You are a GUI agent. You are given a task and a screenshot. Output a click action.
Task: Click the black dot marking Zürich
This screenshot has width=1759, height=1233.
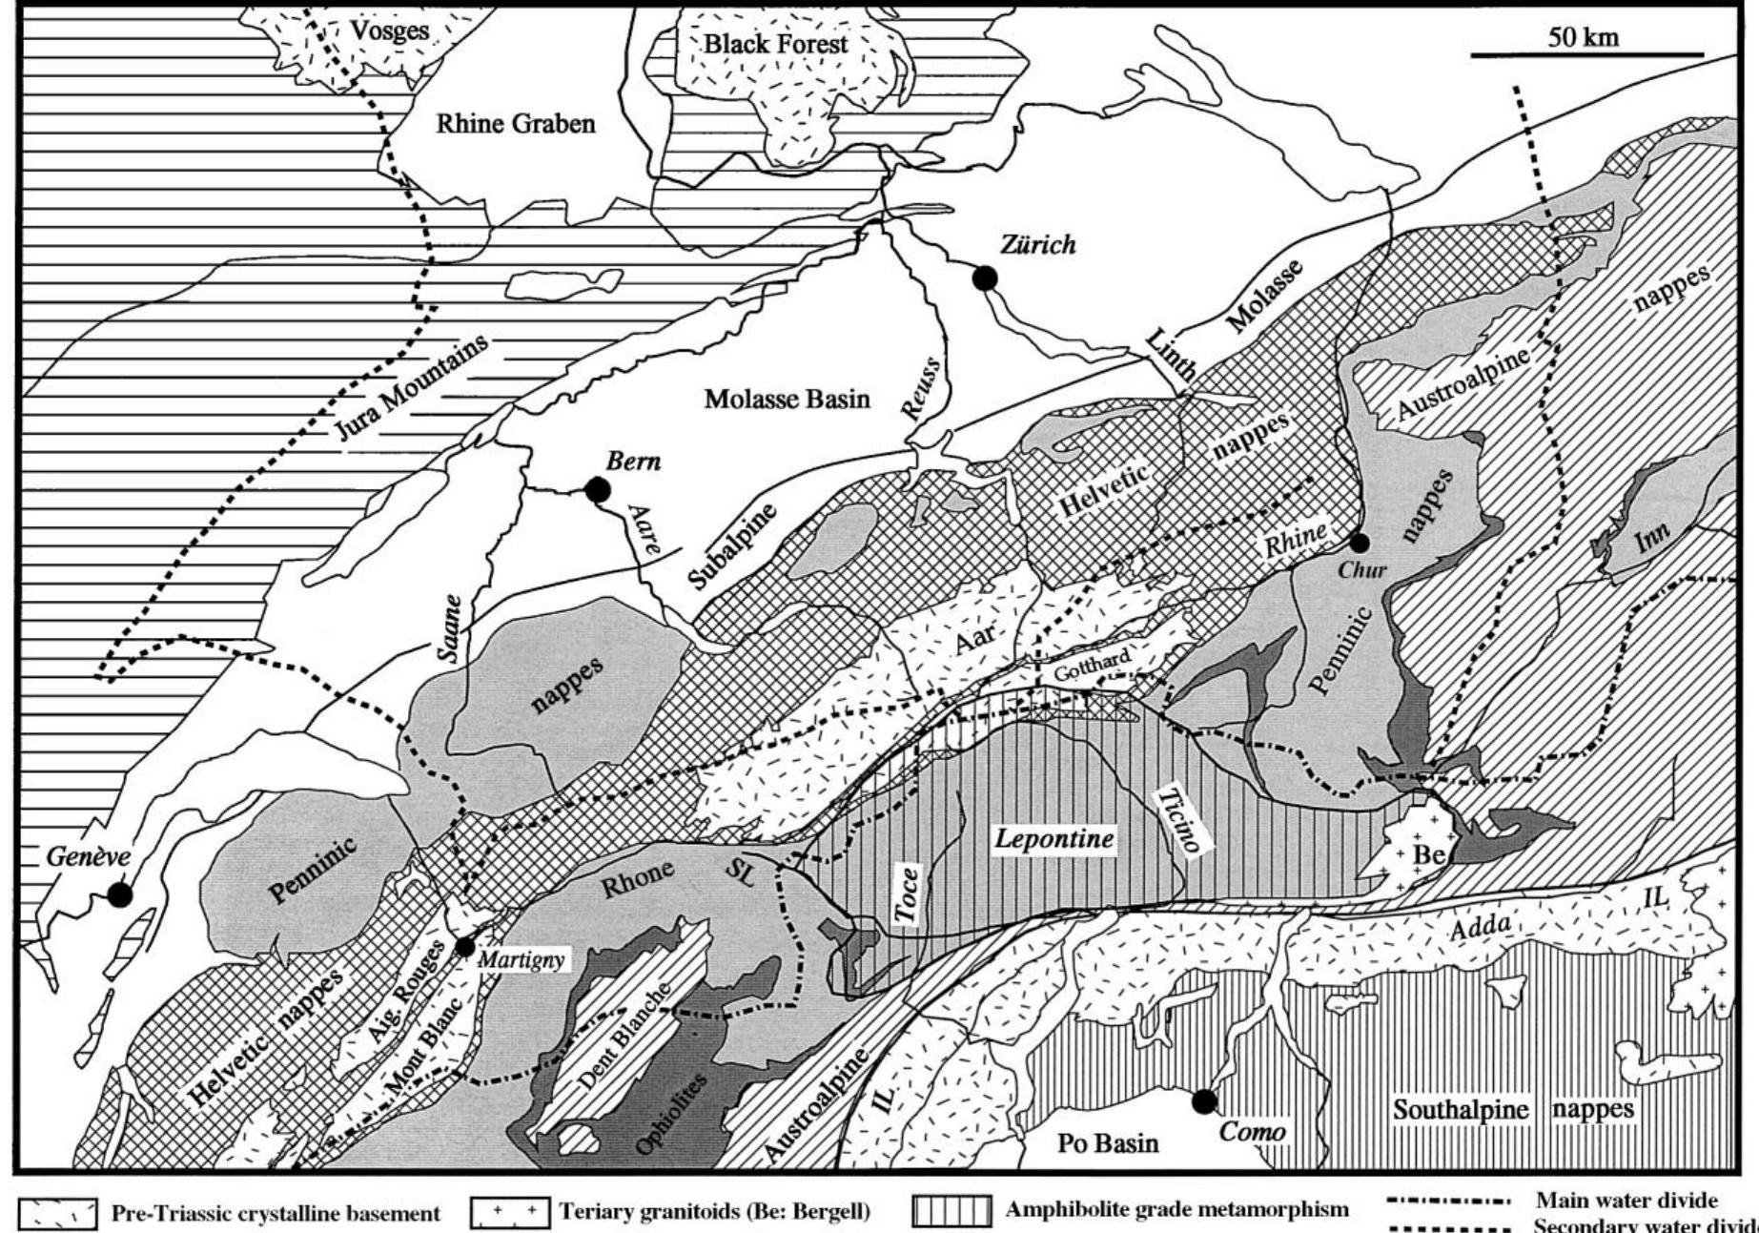click(x=985, y=277)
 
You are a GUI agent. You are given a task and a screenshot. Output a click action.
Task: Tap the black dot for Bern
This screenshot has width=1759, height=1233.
click(x=598, y=490)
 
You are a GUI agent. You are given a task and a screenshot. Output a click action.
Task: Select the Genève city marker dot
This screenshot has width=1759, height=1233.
click(x=119, y=894)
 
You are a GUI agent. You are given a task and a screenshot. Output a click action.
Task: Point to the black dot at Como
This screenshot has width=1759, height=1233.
click(x=1204, y=1101)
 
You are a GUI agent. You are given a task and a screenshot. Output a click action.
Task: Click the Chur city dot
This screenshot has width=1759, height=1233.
click(x=1359, y=543)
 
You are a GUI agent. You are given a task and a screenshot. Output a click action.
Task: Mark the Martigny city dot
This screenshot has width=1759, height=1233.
click(x=464, y=947)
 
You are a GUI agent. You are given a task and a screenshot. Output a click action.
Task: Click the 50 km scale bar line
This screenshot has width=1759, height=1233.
click(x=1586, y=55)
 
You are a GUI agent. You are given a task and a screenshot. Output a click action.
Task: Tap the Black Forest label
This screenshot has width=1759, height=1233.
click(x=775, y=44)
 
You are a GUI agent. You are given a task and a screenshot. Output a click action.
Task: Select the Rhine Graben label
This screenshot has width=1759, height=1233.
click(x=516, y=123)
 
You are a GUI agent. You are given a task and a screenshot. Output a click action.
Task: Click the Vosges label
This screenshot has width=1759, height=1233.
click(x=389, y=31)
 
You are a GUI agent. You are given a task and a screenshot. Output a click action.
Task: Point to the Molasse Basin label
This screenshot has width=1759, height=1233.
click(x=787, y=399)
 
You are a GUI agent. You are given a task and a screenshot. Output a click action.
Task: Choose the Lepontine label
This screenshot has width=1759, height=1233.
click(x=1053, y=838)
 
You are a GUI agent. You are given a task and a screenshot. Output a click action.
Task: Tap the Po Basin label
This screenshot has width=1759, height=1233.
click(x=1108, y=1142)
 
